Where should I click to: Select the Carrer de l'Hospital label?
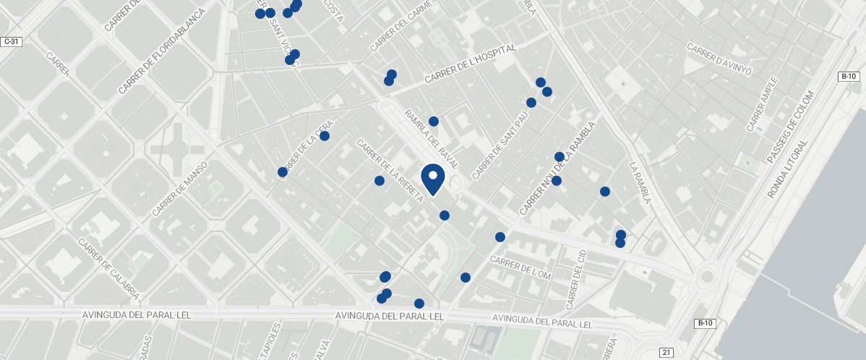click(x=471, y=64)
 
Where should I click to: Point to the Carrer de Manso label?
click(x=180, y=189)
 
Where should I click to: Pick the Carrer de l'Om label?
click(x=520, y=270)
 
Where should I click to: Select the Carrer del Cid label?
click(x=577, y=279)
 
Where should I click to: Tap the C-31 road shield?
click(x=11, y=42)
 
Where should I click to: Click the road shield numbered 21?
click(x=666, y=352)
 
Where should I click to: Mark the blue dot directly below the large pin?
click(x=445, y=215)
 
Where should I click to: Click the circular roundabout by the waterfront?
click(x=709, y=275)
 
